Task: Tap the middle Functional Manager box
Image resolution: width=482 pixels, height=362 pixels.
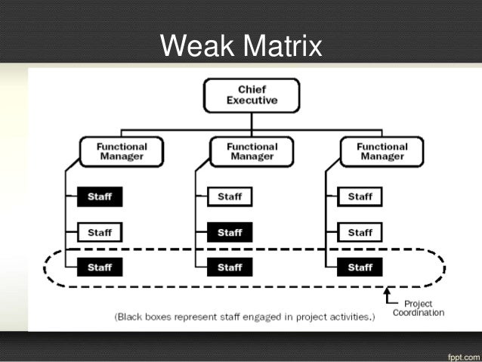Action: pyautogui.click(x=242, y=150)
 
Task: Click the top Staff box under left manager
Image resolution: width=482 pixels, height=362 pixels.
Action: pyautogui.click(x=99, y=196)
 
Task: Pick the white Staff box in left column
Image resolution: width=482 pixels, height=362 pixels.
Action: pyautogui.click(x=99, y=232)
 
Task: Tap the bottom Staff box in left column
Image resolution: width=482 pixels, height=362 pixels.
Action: pyautogui.click(x=99, y=267)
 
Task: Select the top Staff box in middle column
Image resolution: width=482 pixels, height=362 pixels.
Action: pyautogui.click(x=230, y=196)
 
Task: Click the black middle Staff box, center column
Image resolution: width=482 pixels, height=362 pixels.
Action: pyautogui.click(x=230, y=232)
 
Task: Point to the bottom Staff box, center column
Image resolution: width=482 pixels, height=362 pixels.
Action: pyautogui.click(x=230, y=267)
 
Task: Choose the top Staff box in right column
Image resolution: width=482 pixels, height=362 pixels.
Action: pyautogui.click(x=360, y=196)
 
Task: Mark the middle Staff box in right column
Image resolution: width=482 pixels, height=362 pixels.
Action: pyautogui.click(x=360, y=232)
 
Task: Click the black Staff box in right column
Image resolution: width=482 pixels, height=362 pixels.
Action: pyautogui.click(x=360, y=267)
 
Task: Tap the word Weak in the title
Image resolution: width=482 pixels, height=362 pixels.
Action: pyautogui.click(x=194, y=47)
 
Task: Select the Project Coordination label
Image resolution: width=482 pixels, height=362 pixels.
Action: pyautogui.click(x=418, y=308)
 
